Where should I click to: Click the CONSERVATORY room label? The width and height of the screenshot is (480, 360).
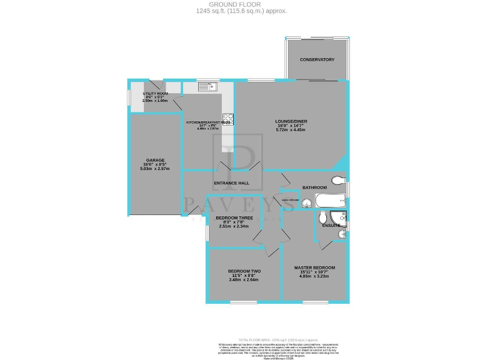(317, 59)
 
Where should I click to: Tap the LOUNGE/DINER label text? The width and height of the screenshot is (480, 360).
(291, 121)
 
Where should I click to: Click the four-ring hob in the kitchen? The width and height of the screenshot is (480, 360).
(229, 117)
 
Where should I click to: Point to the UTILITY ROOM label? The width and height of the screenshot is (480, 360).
(155, 93)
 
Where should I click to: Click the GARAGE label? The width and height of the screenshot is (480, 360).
(154, 160)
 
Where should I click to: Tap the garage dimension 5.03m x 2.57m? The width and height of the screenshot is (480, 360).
(154, 169)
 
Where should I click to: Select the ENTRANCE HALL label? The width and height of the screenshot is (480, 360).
(231, 183)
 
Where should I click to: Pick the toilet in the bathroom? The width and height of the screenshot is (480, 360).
(337, 181)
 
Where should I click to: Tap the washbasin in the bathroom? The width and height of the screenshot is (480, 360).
(307, 202)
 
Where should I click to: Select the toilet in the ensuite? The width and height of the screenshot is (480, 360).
(321, 217)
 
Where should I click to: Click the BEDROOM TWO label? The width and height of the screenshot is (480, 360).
(244, 271)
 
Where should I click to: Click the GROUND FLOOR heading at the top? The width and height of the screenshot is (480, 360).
(240, 4)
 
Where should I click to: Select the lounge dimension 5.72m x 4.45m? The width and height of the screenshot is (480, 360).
(291, 130)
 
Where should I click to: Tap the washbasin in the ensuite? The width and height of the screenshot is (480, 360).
(341, 234)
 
